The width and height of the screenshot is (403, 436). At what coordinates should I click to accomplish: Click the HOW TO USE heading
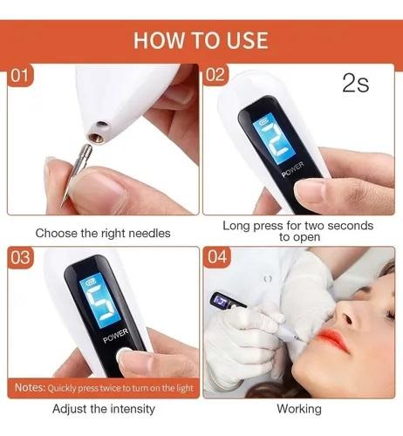[201, 40]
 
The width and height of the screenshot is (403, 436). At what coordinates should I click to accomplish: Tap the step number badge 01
[20, 76]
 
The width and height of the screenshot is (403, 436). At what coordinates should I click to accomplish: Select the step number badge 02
[215, 75]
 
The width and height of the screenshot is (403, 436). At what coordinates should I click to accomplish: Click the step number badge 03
[20, 257]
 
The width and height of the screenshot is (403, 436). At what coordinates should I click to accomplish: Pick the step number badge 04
[216, 257]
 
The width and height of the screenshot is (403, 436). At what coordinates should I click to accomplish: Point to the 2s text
[356, 83]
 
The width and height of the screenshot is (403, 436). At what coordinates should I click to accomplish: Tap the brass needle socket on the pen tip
[96, 139]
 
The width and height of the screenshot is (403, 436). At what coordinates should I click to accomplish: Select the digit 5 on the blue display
[102, 304]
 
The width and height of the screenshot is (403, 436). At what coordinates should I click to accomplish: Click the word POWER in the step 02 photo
[292, 169]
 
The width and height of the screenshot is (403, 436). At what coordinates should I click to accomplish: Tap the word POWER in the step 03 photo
[116, 336]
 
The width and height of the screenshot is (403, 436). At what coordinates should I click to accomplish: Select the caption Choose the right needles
[103, 233]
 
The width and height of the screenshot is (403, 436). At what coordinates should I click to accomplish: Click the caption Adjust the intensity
[104, 409]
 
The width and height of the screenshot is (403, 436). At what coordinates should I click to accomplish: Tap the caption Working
[299, 409]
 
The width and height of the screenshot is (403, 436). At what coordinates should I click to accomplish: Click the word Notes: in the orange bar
[31, 387]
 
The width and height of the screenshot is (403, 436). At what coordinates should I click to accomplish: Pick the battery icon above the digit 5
[88, 282]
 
